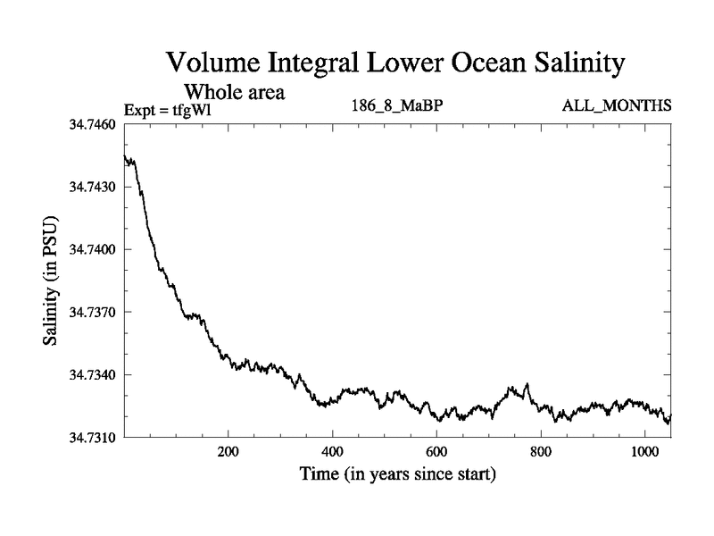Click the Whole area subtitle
[234, 91]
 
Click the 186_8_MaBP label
[398, 106]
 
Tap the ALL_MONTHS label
[617, 106]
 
